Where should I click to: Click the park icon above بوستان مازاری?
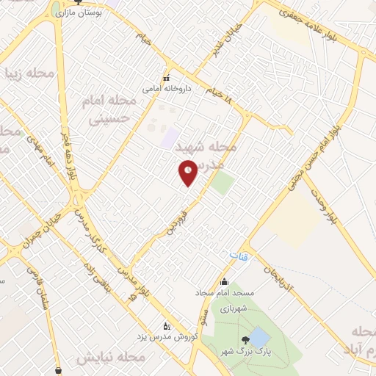[57, 3]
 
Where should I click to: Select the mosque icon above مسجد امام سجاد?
[224, 281]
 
